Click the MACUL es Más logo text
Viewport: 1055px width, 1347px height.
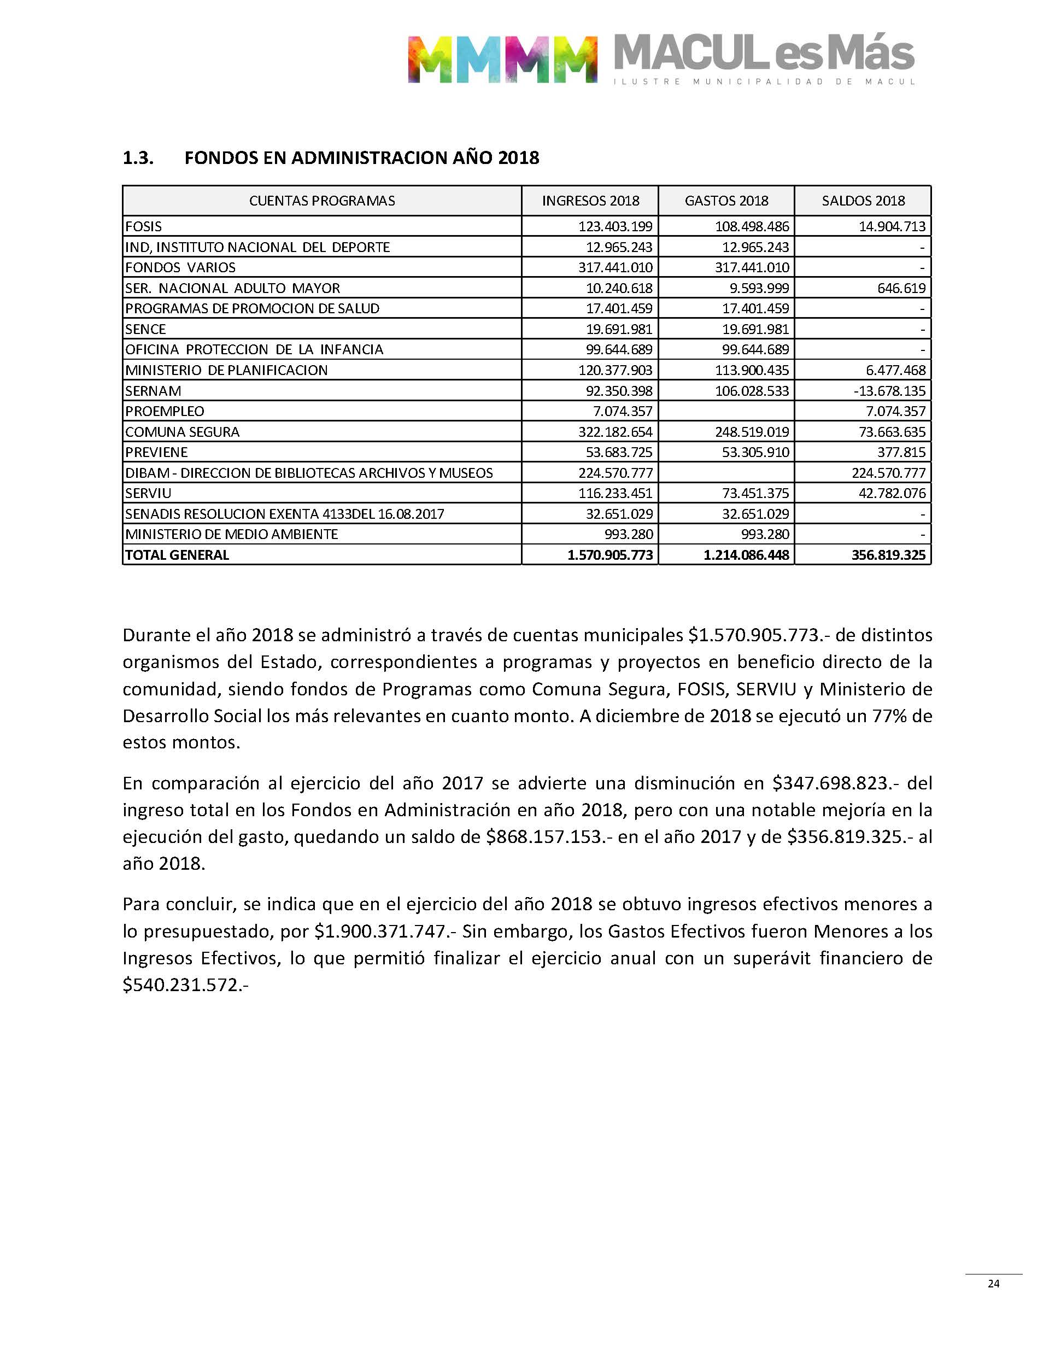coord(764,54)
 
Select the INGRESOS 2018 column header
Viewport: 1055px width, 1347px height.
coord(590,201)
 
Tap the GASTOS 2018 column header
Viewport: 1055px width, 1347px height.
coord(726,201)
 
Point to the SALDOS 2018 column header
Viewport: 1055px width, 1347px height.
coord(863,201)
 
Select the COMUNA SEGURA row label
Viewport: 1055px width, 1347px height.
coord(182,432)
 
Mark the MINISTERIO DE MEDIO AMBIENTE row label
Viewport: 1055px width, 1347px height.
coord(232,534)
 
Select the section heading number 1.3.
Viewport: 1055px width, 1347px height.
coord(138,158)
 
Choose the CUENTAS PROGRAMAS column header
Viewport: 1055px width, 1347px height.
coord(322,201)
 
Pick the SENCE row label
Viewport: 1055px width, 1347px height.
coord(146,329)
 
